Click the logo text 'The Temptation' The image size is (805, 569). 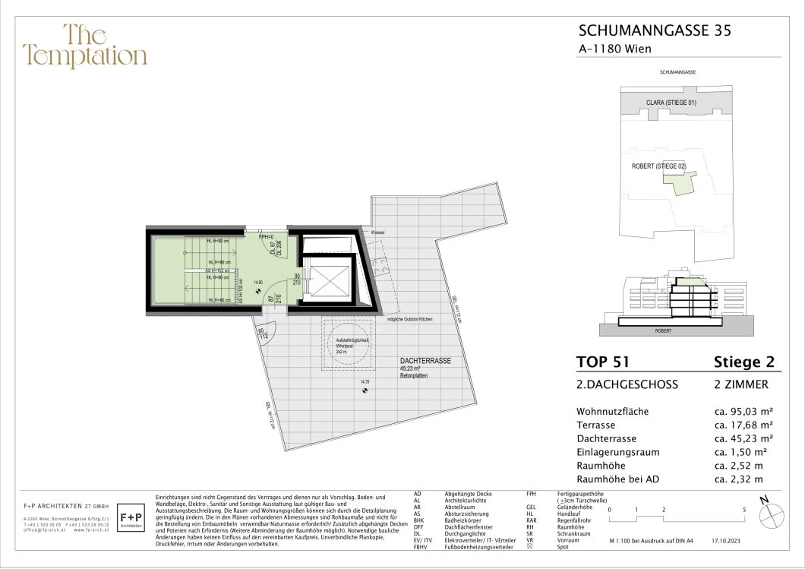[84, 46]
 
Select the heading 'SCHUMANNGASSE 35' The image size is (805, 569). [655, 31]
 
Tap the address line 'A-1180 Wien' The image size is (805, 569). [615, 49]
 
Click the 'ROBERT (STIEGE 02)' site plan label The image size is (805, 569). [658, 166]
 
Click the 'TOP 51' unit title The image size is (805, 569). [603, 362]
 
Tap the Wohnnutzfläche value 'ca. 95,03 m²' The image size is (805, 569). [744, 412]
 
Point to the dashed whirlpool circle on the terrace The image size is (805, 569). [350, 344]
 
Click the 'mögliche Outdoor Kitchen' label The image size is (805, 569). [409, 319]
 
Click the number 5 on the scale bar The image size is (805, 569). [744, 510]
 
